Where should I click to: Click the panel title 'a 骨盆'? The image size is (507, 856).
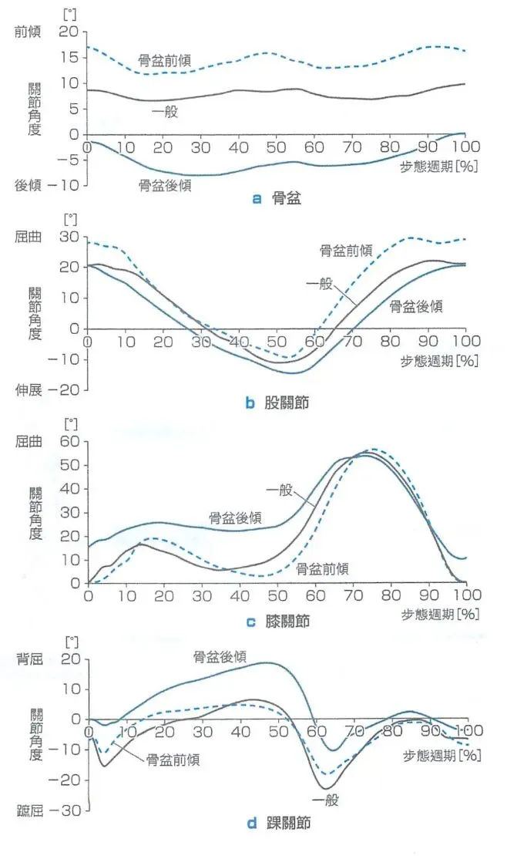point(277,199)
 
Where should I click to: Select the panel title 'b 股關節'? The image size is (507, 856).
point(277,403)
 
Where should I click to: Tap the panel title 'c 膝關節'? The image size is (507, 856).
point(278,622)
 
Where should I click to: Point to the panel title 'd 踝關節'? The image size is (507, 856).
point(278,823)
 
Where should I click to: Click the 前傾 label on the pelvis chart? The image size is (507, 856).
point(27,32)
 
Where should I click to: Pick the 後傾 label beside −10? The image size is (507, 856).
point(28,186)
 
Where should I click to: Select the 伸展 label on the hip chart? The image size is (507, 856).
point(28,390)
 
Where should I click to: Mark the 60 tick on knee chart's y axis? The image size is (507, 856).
point(70,441)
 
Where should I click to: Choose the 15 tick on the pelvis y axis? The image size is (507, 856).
point(69,57)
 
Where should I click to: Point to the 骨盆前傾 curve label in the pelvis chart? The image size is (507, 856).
point(165,60)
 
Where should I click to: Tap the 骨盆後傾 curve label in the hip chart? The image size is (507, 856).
point(416,306)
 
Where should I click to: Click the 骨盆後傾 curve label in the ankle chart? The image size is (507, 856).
point(220,657)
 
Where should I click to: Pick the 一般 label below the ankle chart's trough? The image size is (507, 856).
point(325,800)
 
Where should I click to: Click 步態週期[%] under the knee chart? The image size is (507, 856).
point(441,614)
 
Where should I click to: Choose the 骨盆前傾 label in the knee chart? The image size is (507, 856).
point(322,569)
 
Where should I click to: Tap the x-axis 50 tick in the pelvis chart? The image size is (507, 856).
point(276,147)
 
